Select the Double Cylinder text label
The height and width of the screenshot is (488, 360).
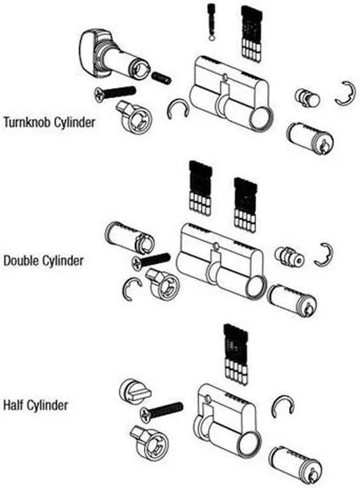[43, 261]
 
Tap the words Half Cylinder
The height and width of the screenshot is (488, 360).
[36, 405]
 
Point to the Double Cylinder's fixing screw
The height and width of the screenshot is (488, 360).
[151, 260]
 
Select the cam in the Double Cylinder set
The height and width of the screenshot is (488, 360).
[161, 282]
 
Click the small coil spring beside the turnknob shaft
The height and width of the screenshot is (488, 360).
[162, 79]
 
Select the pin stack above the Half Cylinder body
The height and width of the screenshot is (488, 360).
[235, 353]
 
